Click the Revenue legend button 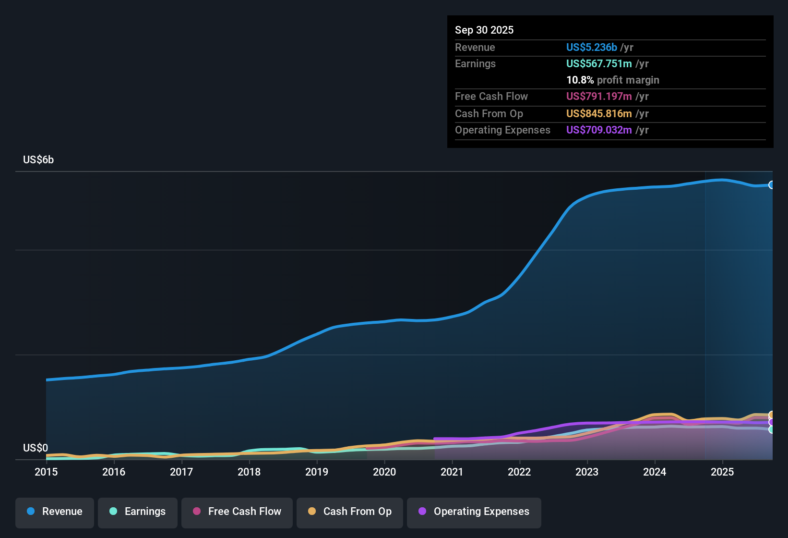(x=55, y=512)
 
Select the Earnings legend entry (x=138, y=512)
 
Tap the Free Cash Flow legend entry (x=237, y=512)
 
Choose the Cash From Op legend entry (x=350, y=512)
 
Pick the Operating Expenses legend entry (x=474, y=512)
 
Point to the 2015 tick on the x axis (x=46, y=472)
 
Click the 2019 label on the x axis (x=317, y=472)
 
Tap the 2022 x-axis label (x=519, y=472)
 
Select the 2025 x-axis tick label (x=722, y=472)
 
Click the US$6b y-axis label (x=38, y=159)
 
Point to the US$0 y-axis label (x=36, y=448)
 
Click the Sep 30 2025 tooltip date (x=484, y=30)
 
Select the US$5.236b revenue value (x=591, y=47)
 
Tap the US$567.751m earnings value (x=599, y=63)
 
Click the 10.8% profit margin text (x=612, y=80)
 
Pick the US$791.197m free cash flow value (x=599, y=96)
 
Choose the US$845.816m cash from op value (x=599, y=113)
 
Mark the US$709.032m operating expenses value (x=599, y=130)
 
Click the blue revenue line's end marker (x=771, y=185)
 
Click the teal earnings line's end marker (x=771, y=429)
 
